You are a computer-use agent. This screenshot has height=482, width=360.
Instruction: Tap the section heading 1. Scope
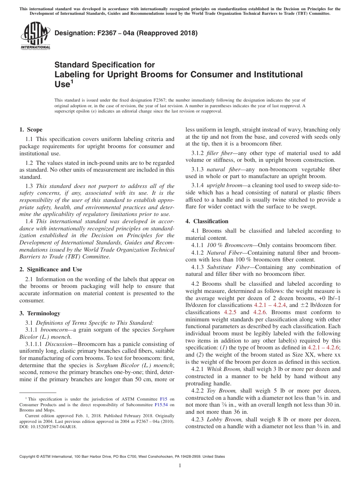31,130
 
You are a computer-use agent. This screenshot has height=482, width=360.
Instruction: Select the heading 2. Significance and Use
50,269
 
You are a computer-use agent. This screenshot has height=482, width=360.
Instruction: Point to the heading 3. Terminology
40,313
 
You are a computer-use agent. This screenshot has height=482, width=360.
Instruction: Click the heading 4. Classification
207,221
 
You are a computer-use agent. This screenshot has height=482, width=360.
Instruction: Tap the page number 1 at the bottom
180,466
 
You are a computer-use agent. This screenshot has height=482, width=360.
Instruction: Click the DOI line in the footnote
48,426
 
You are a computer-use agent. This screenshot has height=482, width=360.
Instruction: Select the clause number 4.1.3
198,267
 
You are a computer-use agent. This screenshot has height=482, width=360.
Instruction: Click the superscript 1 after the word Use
71,81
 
